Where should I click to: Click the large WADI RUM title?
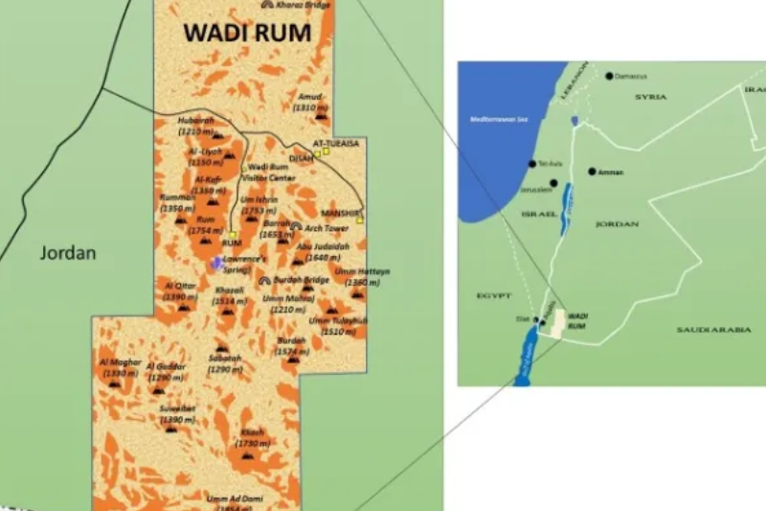[x=247, y=32]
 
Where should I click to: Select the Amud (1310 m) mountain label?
[x=311, y=103]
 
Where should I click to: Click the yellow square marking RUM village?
[x=233, y=234]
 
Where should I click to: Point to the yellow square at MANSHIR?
[x=360, y=220]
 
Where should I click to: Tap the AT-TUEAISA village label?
[x=328, y=143]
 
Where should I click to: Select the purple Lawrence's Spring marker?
[x=218, y=262]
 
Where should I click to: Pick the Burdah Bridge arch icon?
[x=264, y=280]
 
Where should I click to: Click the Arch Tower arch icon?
[x=297, y=228]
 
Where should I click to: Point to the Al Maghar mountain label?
[x=120, y=362]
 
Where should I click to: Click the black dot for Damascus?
[x=608, y=76]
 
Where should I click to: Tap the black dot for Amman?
[x=592, y=172]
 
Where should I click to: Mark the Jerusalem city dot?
[x=553, y=182]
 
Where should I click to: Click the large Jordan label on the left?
[x=68, y=254]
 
